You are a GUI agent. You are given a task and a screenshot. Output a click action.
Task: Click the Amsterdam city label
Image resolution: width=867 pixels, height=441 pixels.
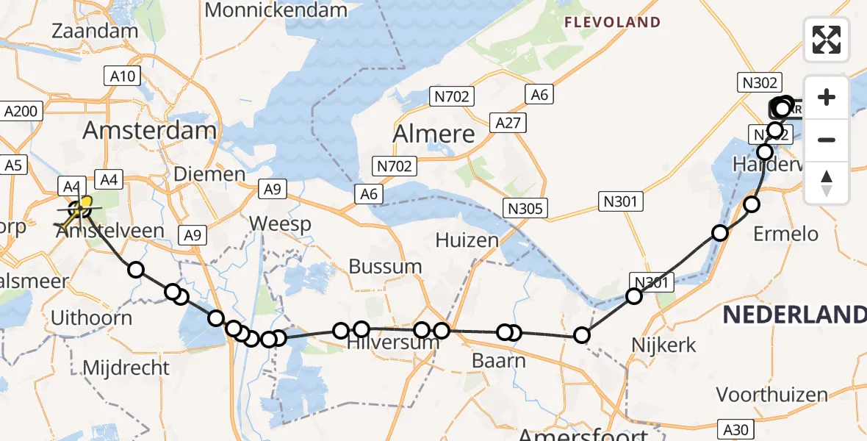click(149, 131)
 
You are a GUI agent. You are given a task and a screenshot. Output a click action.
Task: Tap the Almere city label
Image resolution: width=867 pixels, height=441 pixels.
click(433, 134)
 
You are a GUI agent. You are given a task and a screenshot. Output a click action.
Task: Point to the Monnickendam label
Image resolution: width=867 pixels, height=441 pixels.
click(276, 10)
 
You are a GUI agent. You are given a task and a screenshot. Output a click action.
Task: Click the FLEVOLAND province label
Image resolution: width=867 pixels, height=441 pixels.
click(612, 23)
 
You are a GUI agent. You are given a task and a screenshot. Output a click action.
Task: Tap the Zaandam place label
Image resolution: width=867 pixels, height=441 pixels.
click(96, 31)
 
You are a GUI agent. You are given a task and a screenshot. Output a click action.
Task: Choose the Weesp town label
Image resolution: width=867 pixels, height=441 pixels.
click(280, 223)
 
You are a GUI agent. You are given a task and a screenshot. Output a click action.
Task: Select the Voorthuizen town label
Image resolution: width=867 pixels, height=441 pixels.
click(771, 395)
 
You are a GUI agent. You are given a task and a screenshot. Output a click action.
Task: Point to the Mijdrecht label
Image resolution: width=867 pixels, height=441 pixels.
click(127, 367)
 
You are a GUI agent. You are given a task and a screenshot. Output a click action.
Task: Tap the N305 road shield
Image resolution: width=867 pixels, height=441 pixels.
click(525, 208)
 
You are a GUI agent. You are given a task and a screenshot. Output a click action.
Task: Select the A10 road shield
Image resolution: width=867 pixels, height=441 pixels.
click(123, 76)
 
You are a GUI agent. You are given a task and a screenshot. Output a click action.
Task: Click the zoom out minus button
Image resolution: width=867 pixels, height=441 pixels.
click(827, 140)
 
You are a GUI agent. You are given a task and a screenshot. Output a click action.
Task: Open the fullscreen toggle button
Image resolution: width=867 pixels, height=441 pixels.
click(827, 40)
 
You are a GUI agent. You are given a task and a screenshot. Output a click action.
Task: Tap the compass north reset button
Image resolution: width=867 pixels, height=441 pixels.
click(827, 182)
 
